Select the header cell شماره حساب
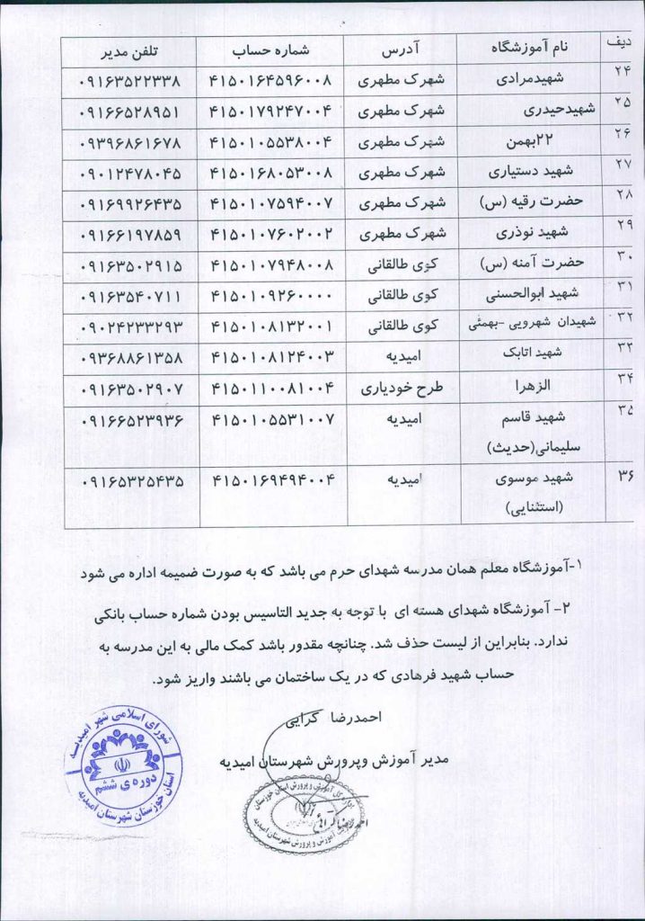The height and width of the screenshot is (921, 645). click(271, 48)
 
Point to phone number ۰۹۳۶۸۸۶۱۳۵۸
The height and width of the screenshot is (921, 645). click(130, 357)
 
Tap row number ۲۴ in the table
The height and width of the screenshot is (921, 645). click(622, 74)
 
